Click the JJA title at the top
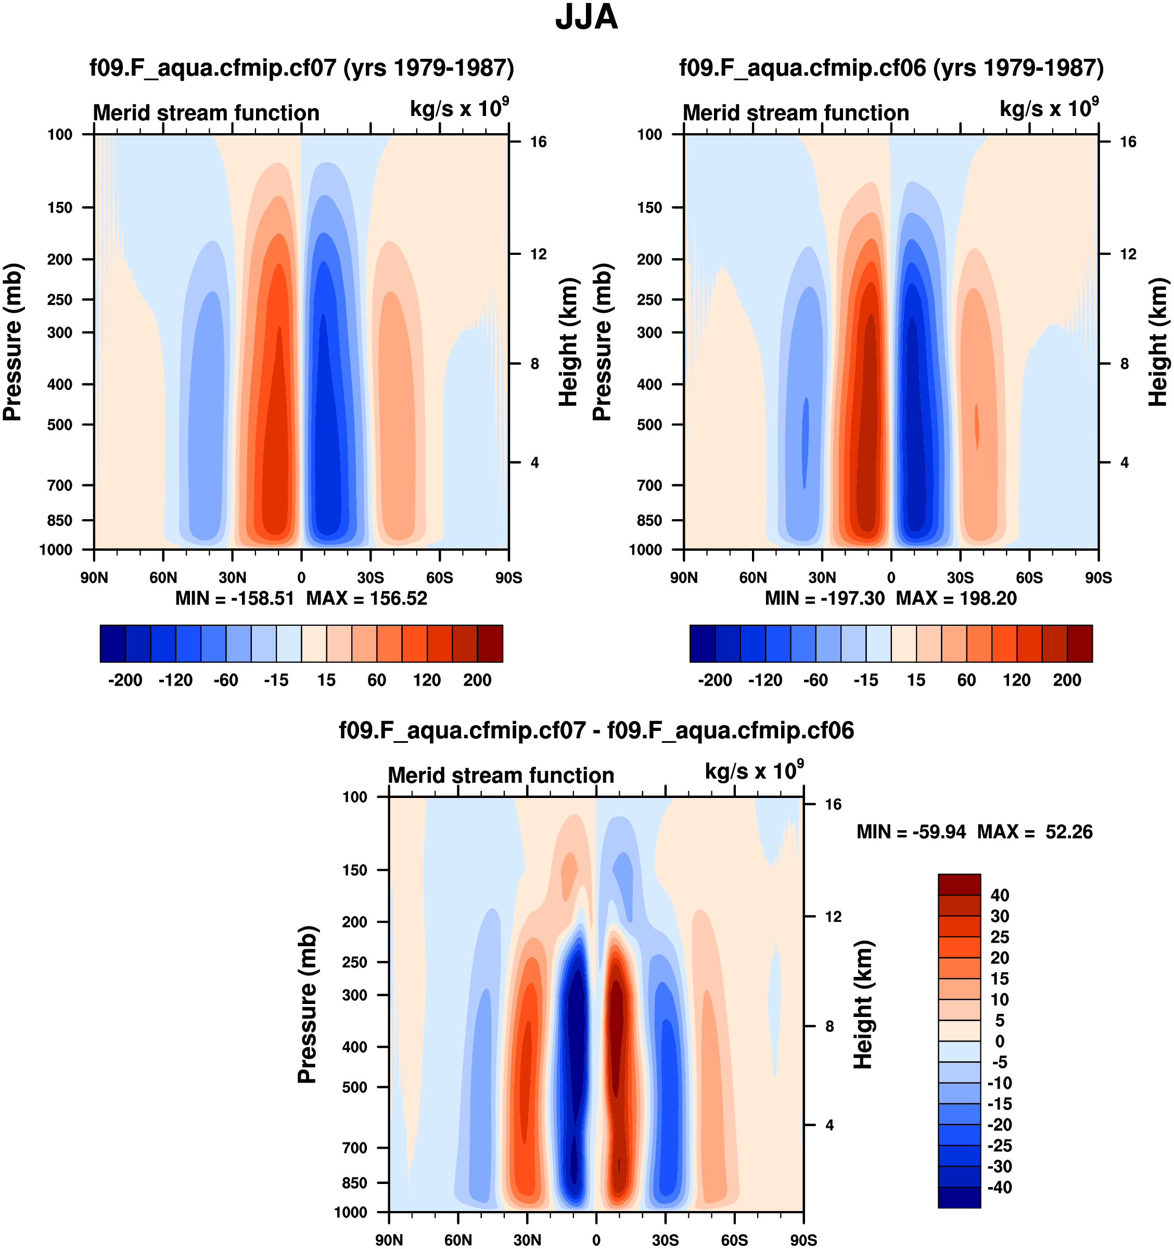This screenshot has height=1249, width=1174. point(586,17)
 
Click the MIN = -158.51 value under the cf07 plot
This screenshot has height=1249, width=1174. point(234,598)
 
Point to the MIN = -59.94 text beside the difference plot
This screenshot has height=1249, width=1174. point(911,832)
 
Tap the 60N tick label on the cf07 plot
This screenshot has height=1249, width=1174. point(163,578)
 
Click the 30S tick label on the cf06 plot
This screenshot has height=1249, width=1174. point(960,578)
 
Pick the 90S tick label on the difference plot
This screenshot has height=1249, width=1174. point(803,1240)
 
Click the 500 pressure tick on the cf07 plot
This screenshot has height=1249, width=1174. point(60,424)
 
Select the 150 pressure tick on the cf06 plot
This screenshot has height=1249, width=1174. point(649,208)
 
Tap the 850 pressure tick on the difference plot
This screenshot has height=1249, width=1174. point(354,1182)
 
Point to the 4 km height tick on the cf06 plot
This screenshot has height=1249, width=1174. point(1125,463)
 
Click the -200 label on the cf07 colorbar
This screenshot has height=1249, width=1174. point(125,680)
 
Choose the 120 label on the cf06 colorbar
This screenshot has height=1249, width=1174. point(1016,680)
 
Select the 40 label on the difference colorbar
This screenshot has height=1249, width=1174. point(999,895)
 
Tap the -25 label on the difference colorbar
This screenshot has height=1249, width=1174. point(999,1145)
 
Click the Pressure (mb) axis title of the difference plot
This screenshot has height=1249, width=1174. point(307,1005)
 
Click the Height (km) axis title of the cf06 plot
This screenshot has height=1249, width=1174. point(1158,342)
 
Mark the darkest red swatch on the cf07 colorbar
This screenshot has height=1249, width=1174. point(490,643)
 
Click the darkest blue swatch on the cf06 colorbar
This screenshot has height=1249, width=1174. point(703,643)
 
